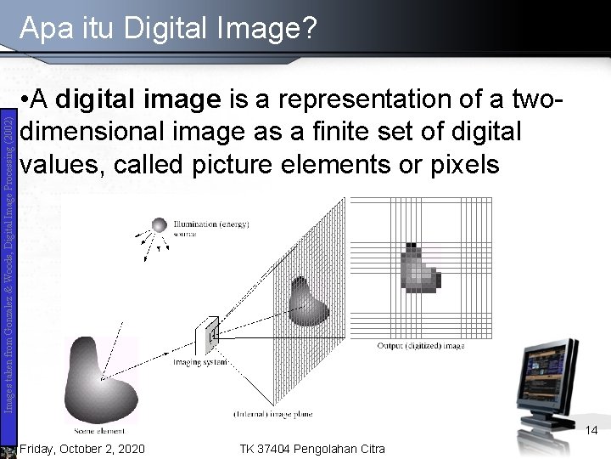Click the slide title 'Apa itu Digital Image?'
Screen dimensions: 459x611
click(168, 31)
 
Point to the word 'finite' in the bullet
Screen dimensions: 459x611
click(354, 132)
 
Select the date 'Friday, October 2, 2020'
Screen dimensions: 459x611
click(81, 448)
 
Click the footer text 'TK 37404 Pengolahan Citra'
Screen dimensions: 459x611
click(311, 448)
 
